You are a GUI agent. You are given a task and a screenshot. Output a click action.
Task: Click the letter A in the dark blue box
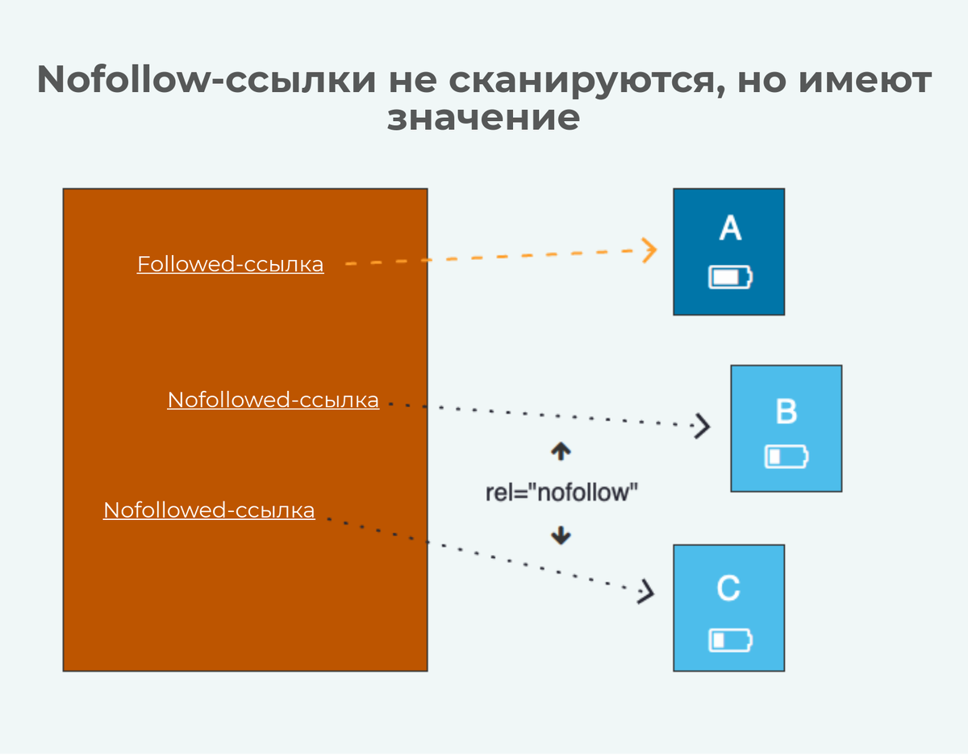(729, 229)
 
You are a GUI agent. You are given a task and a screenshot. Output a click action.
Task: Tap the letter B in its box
(786, 411)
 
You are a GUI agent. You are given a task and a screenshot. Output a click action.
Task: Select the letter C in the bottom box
(728, 589)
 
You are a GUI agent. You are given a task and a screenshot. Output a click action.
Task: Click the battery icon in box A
(730, 278)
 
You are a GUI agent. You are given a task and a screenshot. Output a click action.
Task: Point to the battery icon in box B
(786, 457)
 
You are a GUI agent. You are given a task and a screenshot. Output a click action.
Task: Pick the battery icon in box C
(730, 640)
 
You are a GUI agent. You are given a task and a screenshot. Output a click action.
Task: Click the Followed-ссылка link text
(230, 264)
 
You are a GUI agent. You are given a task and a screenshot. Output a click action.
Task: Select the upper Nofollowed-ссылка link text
(273, 400)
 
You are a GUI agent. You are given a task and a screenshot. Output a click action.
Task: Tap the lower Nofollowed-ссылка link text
(209, 510)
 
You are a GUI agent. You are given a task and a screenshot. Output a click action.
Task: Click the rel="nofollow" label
(557, 493)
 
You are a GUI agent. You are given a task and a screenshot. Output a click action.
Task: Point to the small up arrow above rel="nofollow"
(561, 451)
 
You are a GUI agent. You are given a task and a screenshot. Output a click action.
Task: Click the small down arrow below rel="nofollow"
(561, 534)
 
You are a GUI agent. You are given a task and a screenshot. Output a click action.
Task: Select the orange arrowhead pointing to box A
(649, 250)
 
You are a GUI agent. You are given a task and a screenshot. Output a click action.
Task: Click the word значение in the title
(483, 118)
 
